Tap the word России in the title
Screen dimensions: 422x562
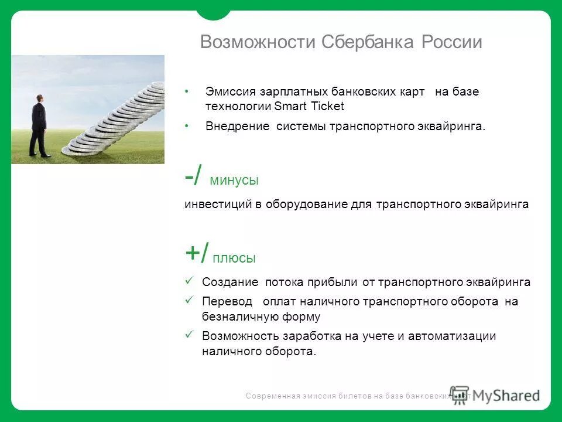pyautogui.click(x=451, y=42)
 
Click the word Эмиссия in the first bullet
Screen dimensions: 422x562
pyautogui.click(x=231, y=92)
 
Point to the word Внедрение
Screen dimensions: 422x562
pyautogui.click(x=237, y=127)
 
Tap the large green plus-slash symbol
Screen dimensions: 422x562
pyautogui.click(x=197, y=254)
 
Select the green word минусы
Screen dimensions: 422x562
pyautogui.click(x=234, y=181)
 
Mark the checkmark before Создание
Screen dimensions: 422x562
pyautogui.click(x=189, y=281)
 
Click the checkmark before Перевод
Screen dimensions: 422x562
pyautogui.click(x=189, y=300)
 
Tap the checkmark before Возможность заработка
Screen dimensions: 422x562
pyautogui.click(x=189, y=335)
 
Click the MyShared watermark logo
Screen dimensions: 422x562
pyautogui.click(x=495, y=394)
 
